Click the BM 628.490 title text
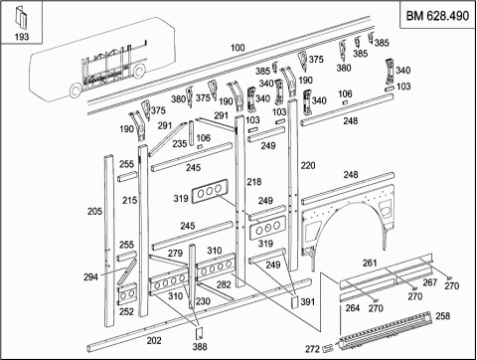tap(437, 16)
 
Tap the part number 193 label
tap(22, 37)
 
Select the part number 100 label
tap(238, 48)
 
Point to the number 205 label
tap(94, 211)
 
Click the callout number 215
tap(129, 200)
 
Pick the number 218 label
tap(254, 182)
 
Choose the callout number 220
tap(308, 165)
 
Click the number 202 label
tap(154, 340)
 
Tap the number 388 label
tap(200, 347)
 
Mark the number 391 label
tap(308, 301)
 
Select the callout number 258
tap(443, 316)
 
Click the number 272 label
tap(313, 349)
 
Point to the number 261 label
tap(370, 263)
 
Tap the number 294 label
tap(90, 276)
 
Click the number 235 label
tap(180, 144)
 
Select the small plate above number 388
tap(199, 334)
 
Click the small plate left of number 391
tap(294, 302)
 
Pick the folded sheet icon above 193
tap(21, 19)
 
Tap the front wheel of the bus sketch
tap(76, 90)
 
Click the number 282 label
tap(224, 284)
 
